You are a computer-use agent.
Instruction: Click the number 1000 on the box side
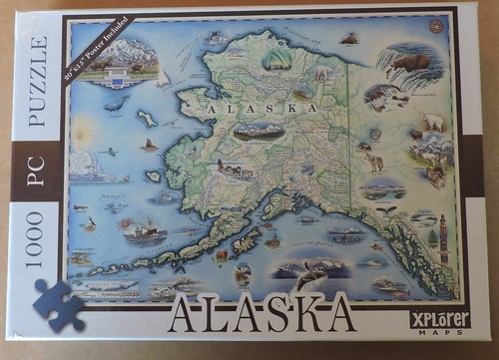coord(37,237)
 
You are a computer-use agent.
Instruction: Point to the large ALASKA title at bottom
coord(261,310)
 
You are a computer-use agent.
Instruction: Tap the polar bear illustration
coord(432,122)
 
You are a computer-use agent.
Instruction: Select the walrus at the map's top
coord(348,39)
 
